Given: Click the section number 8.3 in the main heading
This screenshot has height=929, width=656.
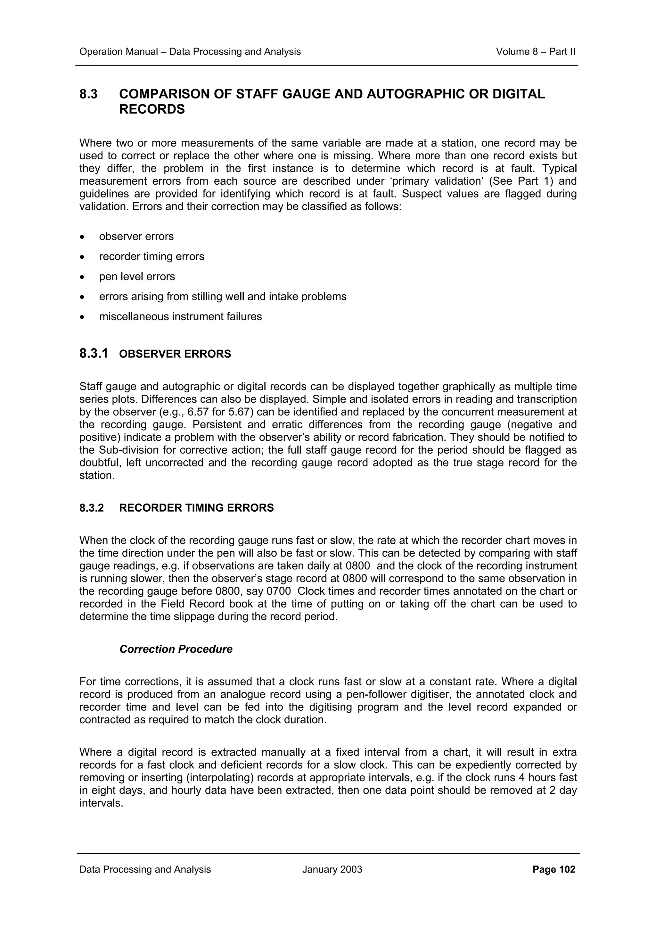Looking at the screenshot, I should [x=88, y=94].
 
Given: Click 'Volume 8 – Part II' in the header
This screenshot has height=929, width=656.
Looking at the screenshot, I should [x=535, y=52].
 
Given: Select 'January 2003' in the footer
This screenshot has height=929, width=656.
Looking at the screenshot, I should [x=332, y=869].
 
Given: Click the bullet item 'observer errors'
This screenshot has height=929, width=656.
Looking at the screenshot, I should [x=136, y=236].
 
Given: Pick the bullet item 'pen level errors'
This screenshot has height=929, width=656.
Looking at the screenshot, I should [x=137, y=276].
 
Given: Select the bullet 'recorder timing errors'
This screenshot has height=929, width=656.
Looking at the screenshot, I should [x=152, y=256].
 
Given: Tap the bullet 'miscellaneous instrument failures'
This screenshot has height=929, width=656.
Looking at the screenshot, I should [x=180, y=316].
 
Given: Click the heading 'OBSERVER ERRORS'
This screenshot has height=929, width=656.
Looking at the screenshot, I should [x=175, y=354].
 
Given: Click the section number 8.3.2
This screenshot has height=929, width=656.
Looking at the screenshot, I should [x=91, y=508].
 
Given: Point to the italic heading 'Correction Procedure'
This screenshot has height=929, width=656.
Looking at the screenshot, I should [x=176, y=649].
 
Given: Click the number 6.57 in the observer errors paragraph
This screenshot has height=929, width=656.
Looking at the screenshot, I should [x=199, y=412].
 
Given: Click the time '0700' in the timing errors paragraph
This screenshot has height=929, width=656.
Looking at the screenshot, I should [x=278, y=591].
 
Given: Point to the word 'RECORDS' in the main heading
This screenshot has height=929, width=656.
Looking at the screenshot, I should [x=152, y=110].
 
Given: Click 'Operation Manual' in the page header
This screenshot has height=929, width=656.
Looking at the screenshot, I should [x=119, y=52].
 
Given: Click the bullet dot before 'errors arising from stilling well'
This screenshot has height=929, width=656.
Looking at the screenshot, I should [x=82, y=297].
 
